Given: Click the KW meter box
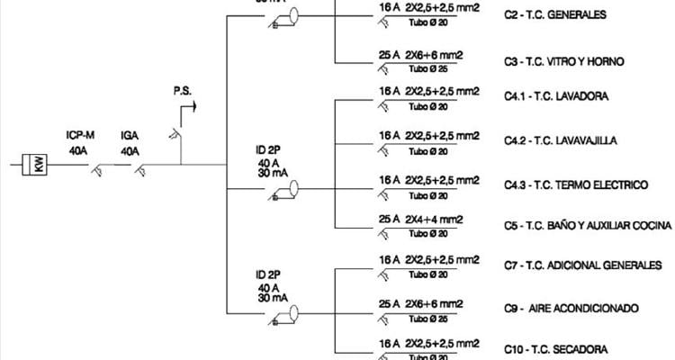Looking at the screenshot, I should point(39,165).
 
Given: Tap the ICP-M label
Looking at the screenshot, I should point(81,136).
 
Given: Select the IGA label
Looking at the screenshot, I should point(130,136).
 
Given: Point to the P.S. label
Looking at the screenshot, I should point(183,91).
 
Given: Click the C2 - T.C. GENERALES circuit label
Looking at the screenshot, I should point(555,15).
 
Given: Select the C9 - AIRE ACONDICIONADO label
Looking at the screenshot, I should point(571,308).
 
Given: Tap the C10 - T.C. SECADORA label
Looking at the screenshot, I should point(555,349).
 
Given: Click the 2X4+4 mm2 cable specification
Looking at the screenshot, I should point(434,219).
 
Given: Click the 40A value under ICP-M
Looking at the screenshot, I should point(79,150).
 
